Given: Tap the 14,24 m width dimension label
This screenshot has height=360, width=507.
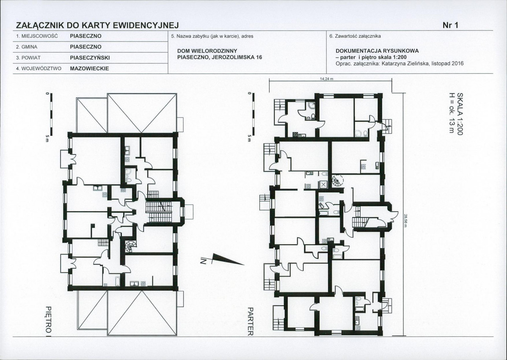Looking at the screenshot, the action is click(x=327, y=79).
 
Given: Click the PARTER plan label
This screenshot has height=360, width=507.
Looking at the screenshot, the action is click(x=250, y=321).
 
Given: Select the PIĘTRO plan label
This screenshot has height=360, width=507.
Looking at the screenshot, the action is click(x=49, y=319).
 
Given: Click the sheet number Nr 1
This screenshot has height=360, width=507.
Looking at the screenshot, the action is click(x=450, y=25).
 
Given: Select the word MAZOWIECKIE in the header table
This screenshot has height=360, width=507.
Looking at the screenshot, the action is click(x=89, y=69).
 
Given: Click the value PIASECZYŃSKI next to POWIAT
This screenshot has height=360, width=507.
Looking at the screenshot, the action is click(x=90, y=58).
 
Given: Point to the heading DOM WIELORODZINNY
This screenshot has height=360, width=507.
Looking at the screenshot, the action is click(x=207, y=51).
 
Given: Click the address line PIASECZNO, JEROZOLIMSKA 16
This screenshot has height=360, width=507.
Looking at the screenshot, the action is click(x=220, y=57).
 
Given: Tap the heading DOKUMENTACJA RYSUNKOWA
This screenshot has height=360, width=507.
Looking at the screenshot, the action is click(x=377, y=51).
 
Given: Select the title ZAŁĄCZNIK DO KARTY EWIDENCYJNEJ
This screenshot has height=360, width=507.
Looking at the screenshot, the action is click(x=97, y=25).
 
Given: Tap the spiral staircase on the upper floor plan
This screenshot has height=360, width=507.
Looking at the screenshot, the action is click(x=130, y=247).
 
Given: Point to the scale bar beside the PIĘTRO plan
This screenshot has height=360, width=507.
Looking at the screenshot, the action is click(x=51, y=114).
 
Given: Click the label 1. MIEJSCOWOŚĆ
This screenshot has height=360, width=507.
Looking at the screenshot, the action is click(x=37, y=36).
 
